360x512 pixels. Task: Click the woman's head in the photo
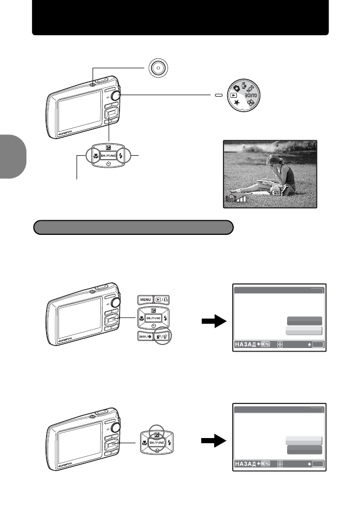pos(271,162)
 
